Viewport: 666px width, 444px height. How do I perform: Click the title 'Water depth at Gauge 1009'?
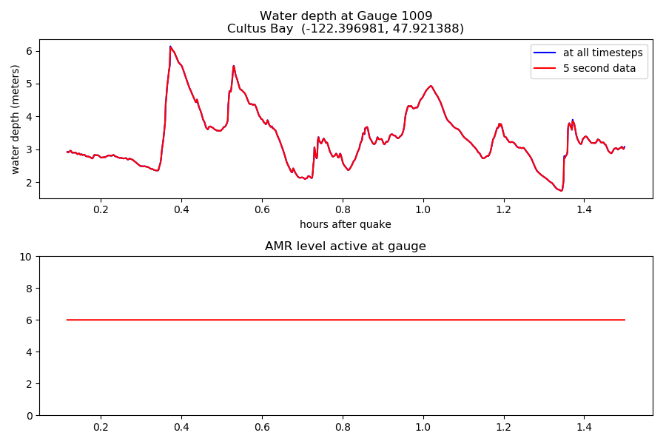tap(346, 16)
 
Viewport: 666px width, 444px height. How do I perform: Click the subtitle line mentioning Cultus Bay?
tap(346, 29)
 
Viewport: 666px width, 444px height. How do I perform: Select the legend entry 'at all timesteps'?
tap(603, 53)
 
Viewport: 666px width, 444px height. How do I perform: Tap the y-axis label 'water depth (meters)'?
tap(16, 118)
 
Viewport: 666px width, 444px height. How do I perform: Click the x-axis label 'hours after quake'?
tap(346, 224)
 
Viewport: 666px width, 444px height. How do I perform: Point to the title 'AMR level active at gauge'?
tap(346, 246)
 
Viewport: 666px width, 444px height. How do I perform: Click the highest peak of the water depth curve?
tap(170, 47)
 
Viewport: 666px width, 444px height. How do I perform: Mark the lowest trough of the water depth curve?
tap(562, 190)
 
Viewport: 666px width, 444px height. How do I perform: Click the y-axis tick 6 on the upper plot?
tap(30, 51)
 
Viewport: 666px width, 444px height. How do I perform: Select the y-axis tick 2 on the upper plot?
tap(30, 182)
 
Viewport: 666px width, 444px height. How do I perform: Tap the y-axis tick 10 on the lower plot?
tap(27, 257)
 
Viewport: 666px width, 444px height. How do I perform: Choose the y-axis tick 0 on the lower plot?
tap(30, 415)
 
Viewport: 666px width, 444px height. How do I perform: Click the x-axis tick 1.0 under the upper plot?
tap(423, 209)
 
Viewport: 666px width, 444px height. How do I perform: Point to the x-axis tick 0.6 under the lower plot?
tap(262, 427)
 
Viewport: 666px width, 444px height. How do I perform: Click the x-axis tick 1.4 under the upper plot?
tap(584, 209)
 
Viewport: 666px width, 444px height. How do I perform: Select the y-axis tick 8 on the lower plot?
tap(30, 289)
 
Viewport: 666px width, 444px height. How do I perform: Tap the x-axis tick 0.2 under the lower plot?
tap(101, 427)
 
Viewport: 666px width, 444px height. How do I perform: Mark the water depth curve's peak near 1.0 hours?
tap(430, 86)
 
